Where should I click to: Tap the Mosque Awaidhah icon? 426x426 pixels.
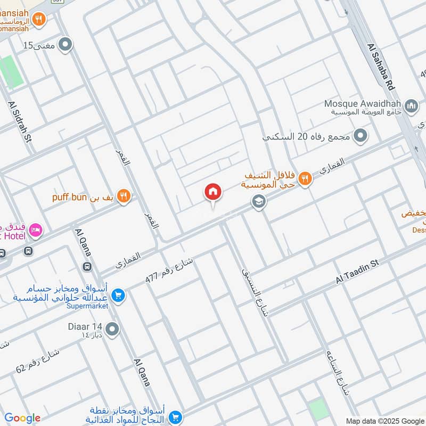[411, 106]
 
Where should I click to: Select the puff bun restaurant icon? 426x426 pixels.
[124, 196]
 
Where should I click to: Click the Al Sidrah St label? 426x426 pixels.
[20, 121]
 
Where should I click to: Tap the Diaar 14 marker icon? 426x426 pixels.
[112, 330]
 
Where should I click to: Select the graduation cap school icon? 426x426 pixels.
[259, 202]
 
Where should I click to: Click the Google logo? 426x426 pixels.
[22, 418]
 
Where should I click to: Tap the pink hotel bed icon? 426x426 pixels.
[36, 230]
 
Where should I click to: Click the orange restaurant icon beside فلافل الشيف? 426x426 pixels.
[305, 179]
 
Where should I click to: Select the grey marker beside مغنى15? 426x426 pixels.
[65, 45]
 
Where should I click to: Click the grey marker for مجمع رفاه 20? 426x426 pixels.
[361, 136]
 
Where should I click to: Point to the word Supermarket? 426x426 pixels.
[87, 306]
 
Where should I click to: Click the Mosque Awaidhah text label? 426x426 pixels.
[364, 103]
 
